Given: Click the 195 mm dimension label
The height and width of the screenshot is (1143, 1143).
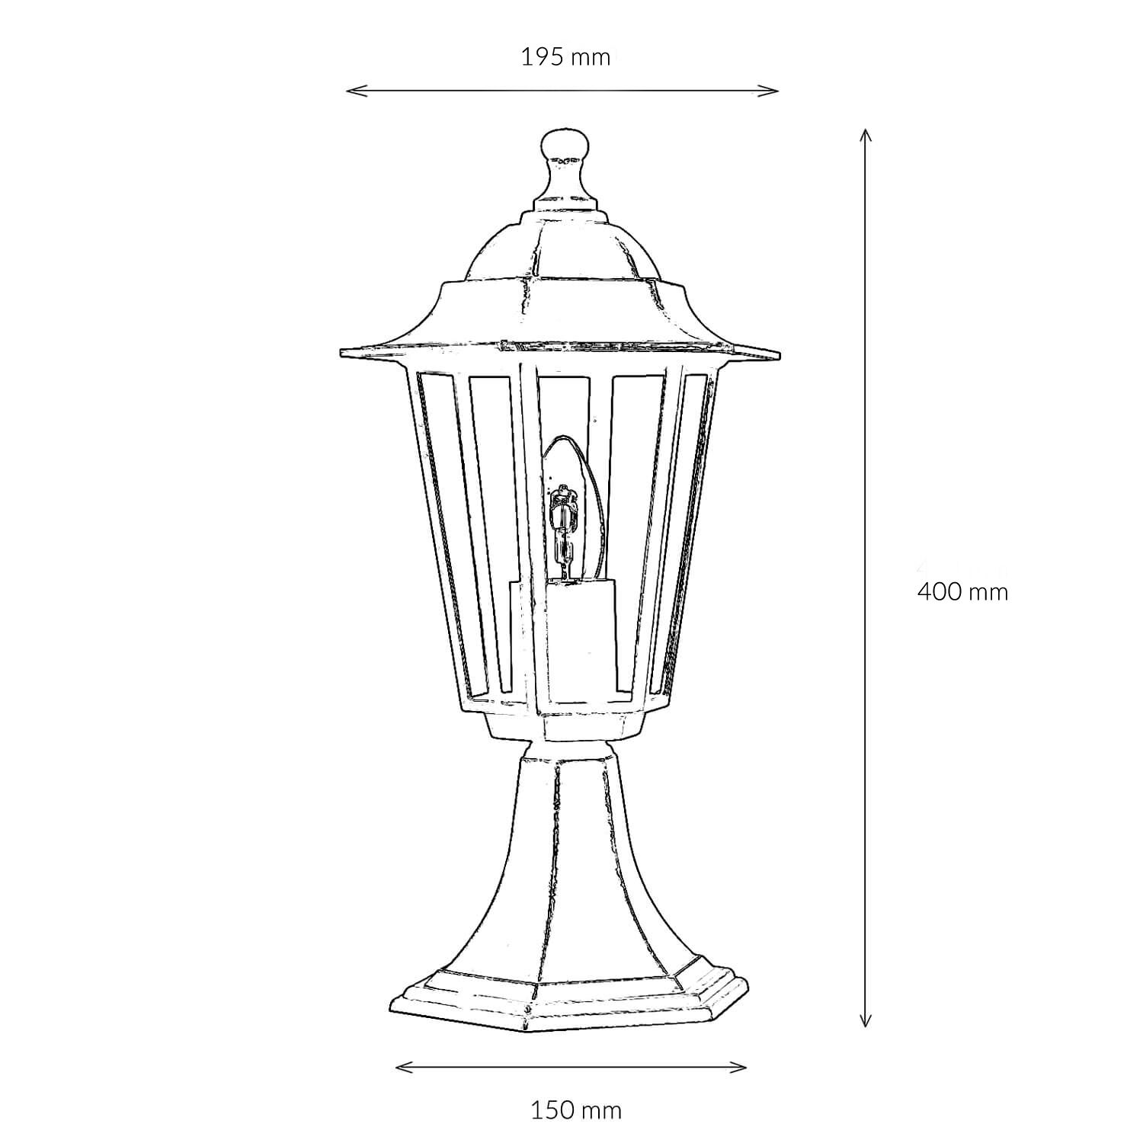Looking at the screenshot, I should pos(565,57).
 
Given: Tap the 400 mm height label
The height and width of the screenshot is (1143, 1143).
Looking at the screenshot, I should pos(962,591).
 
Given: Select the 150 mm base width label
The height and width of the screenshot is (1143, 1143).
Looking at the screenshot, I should pos(576,1110).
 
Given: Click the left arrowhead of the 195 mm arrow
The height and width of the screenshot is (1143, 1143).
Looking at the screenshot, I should pos(351,91).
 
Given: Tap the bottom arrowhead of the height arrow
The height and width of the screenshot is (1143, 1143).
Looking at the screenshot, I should pos(864,1023).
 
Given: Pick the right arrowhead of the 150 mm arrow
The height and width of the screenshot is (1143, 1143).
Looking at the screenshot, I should pos(742,1067).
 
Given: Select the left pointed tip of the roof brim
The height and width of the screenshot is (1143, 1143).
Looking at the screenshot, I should pos(343,351).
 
